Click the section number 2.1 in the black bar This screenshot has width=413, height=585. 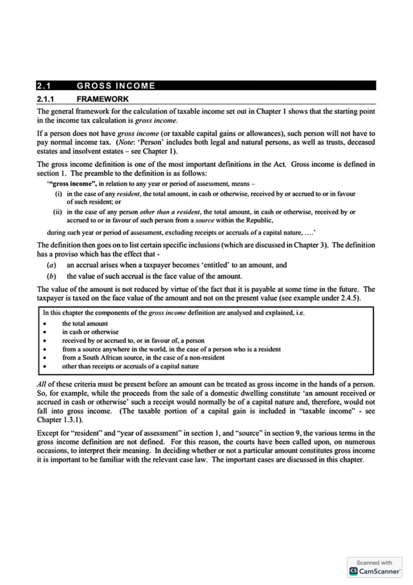(44, 85)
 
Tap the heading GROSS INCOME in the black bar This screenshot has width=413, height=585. (116, 85)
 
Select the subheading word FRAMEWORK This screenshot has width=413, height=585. (103, 99)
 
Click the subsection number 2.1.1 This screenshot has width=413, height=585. (46, 99)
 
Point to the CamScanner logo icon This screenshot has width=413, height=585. (353, 571)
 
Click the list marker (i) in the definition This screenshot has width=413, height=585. (59, 194)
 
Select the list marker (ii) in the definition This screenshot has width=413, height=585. (57, 212)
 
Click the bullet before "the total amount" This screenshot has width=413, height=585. (44, 324)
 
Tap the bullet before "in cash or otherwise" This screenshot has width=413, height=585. (44, 332)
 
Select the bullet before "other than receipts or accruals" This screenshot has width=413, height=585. (44, 367)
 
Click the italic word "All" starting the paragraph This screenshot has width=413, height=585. (41, 384)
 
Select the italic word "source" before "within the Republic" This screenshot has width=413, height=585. (204, 220)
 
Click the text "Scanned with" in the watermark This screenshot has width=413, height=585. (374, 563)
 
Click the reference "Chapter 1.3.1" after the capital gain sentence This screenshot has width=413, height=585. (60, 420)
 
